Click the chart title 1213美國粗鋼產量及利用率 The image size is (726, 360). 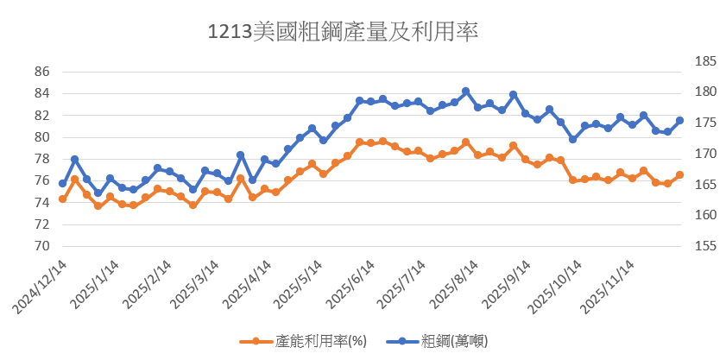[343, 32]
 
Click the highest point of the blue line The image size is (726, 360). [465, 92]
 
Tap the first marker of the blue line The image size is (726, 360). [62, 184]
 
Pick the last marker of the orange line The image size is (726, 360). [679, 175]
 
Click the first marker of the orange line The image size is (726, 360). [62, 199]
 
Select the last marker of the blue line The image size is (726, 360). [679, 121]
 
